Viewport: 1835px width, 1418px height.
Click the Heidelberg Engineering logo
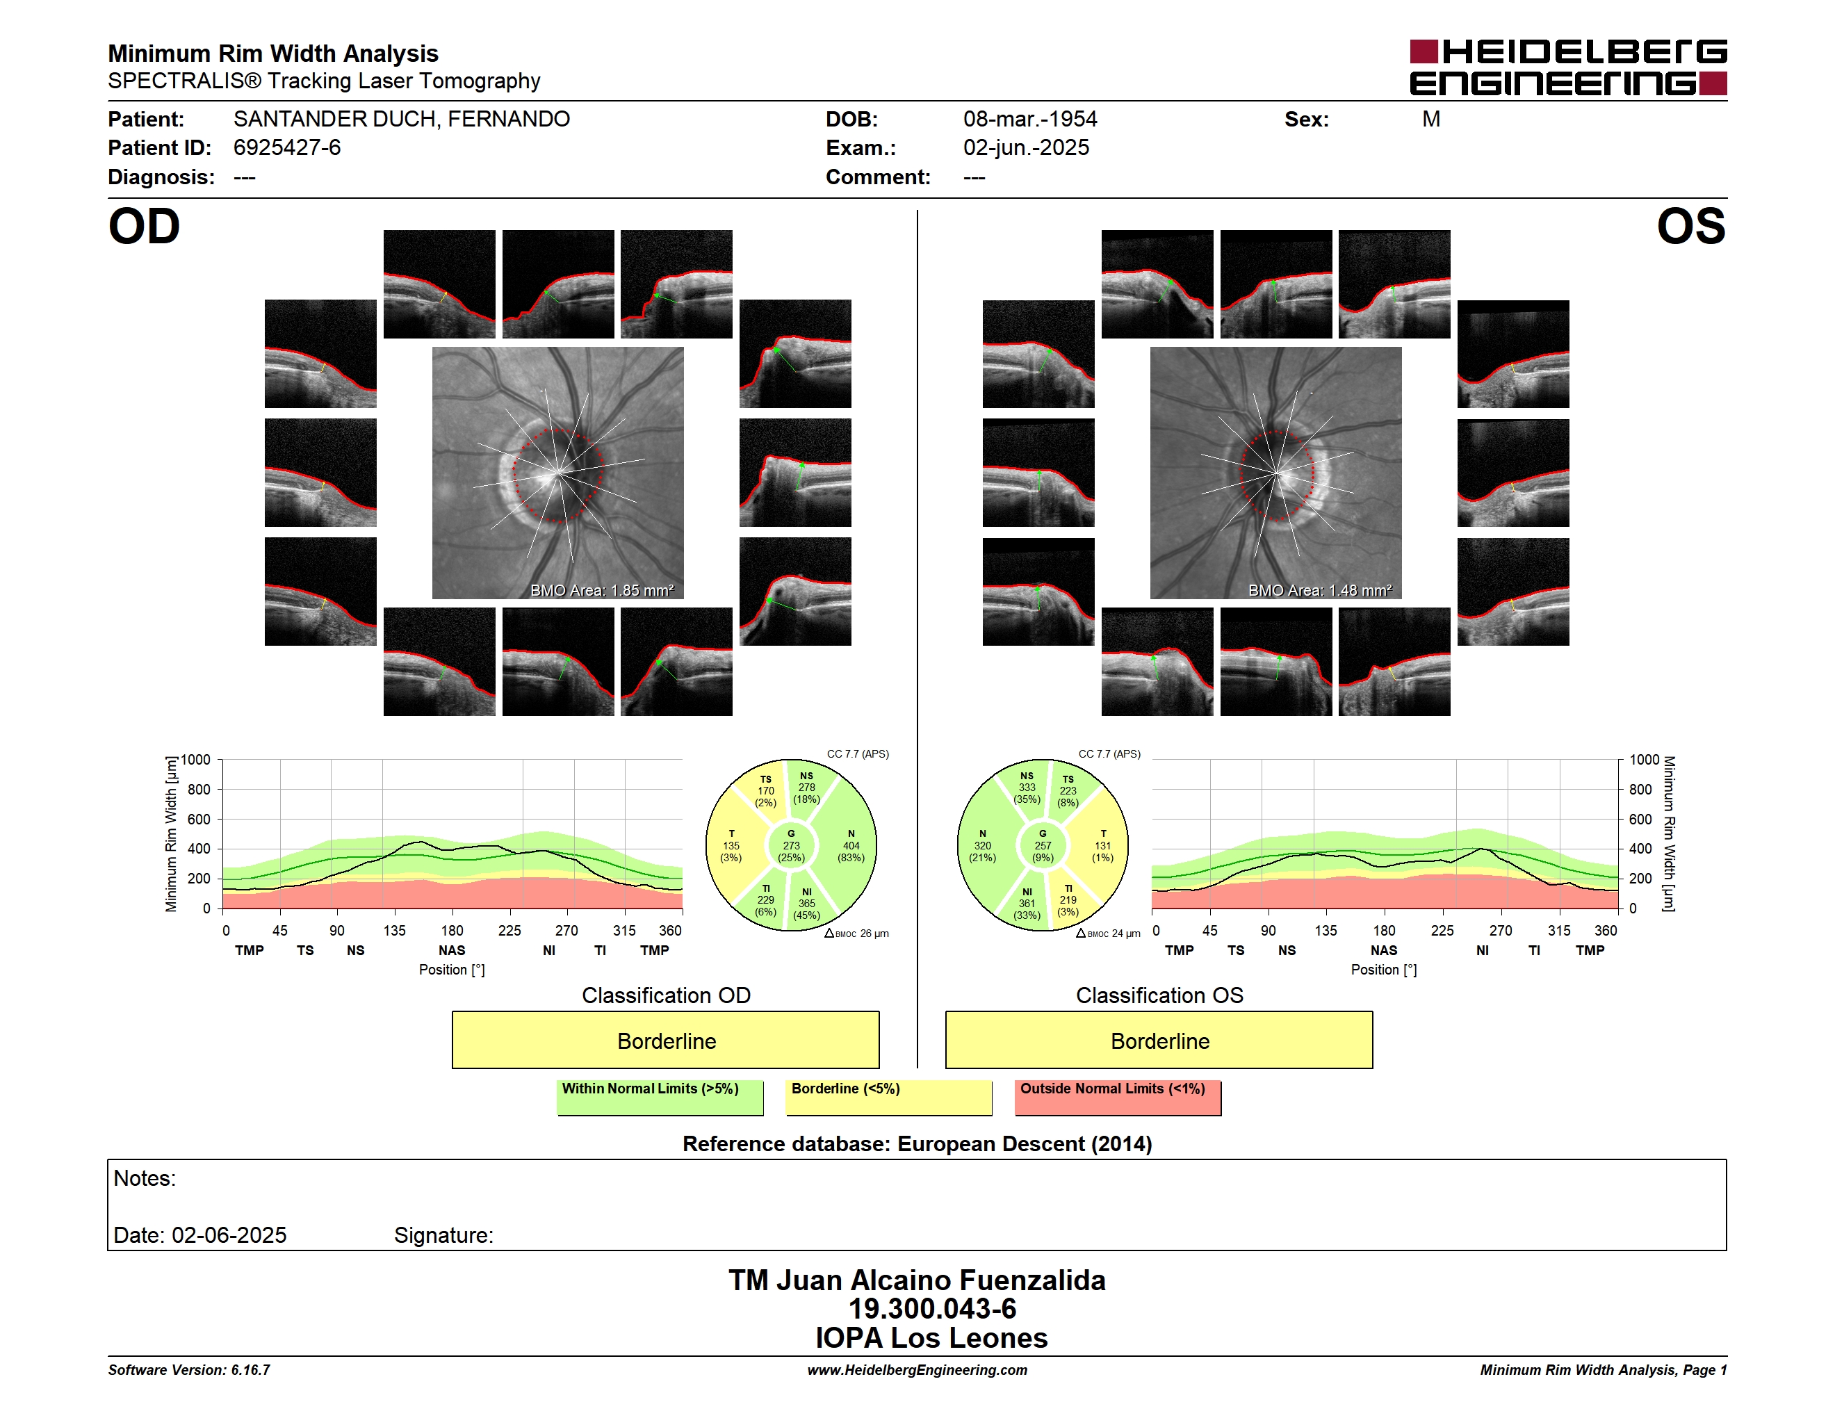1568,67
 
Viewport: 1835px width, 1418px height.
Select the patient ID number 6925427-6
286,148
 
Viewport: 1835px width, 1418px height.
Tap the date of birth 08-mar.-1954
1030,120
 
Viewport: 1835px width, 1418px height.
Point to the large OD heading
145,227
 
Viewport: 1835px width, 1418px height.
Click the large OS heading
1690,227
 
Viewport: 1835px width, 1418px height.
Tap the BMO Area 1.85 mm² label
601,591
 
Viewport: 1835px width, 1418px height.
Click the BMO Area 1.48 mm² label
1319,591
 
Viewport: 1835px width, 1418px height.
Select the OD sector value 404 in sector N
851,846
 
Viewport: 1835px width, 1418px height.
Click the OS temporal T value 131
1102,846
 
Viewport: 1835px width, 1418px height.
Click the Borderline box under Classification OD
665,1040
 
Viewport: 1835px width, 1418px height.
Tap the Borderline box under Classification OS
1159,1040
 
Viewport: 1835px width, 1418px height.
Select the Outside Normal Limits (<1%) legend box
1118,1097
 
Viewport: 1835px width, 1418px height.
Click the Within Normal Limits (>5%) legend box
660,1097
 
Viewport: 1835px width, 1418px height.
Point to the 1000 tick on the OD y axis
196,760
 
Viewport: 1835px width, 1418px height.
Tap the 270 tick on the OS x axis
1501,931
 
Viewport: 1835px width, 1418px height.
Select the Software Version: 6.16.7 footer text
189,1370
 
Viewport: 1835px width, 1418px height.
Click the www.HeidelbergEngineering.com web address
917,1370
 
